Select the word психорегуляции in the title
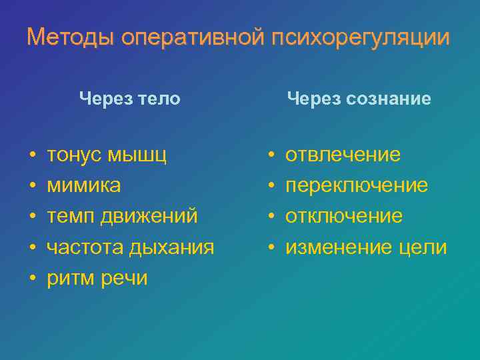361,37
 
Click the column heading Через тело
129,99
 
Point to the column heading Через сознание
359,99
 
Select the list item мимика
84,185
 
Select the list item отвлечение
343,155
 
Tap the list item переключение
357,185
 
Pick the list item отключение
344,216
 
